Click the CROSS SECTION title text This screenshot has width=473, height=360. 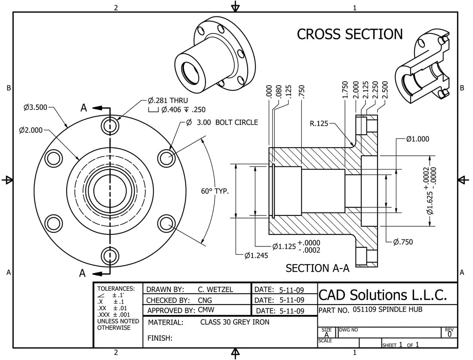click(x=350, y=34)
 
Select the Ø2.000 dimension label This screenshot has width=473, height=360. click(x=31, y=130)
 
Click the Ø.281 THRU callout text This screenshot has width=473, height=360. click(x=168, y=101)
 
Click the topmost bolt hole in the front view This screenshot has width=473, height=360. click(x=110, y=126)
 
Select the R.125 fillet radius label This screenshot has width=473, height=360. click(x=319, y=124)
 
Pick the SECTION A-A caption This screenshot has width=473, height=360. click(x=318, y=268)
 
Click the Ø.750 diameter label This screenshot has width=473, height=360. click(x=402, y=242)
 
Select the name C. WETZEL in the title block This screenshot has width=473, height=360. click(x=215, y=289)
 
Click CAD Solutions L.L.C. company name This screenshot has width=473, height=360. click(x=383, y=295)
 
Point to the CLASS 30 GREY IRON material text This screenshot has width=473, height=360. click(x=235, y=322)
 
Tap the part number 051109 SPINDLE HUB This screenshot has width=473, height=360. click(x=387, y=310)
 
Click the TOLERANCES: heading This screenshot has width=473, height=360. click(x=116, y=289)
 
